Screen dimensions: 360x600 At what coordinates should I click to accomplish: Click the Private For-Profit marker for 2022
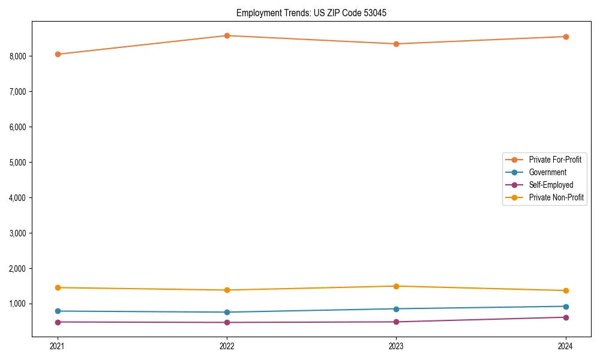(x=227, y=35)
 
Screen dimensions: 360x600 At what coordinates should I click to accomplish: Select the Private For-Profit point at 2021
(x=58, y=54)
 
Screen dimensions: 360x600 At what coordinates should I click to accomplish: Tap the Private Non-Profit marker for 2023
(x=397, y=286)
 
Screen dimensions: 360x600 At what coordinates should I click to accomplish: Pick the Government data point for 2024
(x=566, y=307)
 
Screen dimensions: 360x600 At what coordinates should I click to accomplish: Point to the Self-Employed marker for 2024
(x=566, y=317)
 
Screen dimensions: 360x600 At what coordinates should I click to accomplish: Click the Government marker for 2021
(x=58, y=311)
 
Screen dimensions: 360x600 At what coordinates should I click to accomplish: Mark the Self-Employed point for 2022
(x=227, y=322)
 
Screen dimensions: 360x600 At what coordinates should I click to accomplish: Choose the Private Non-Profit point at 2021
(x=58, y=287)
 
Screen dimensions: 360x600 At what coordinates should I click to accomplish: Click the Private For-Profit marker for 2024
(x=566, y=37)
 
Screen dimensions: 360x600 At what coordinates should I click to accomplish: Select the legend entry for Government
(x=547, y=172)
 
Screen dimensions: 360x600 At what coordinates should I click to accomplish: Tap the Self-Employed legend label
(x=551, y=185)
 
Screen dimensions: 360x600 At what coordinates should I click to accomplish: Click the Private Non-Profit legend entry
(x=556, y=197)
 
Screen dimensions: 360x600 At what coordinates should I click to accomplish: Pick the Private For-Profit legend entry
(x=555, y=160)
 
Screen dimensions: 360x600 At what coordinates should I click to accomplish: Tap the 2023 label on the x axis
(x=397, y=346)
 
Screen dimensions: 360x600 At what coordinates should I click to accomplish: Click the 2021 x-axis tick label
(x=58, y=346)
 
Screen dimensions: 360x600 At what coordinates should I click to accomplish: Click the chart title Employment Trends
(x=273, y=13)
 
